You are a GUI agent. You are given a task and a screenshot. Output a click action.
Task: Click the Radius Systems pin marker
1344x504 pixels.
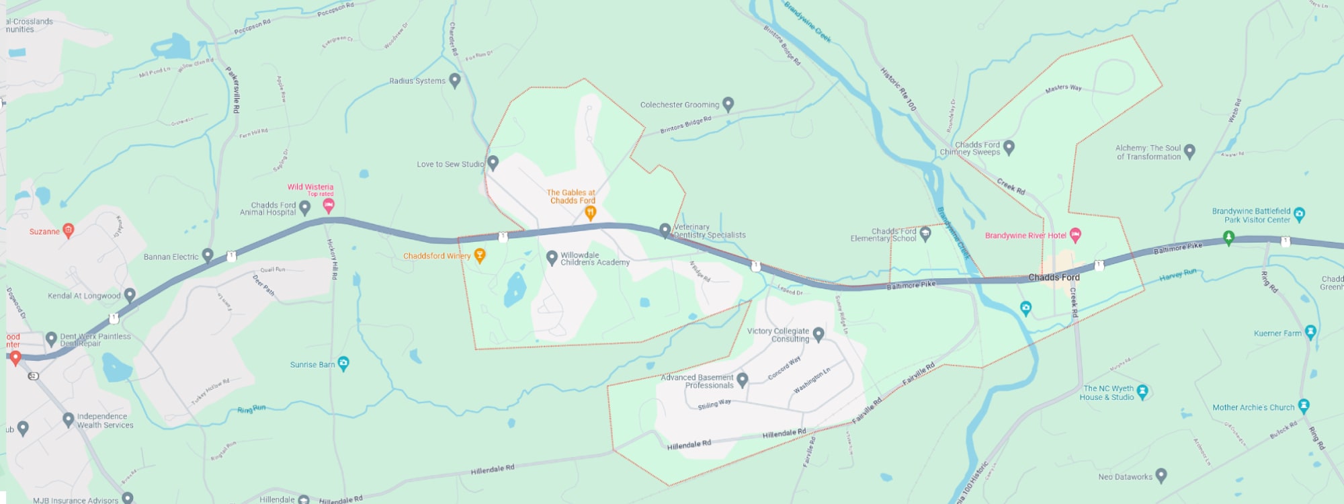[455, 80]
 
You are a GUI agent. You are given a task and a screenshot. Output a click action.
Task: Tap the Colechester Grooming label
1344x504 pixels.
[679, 105]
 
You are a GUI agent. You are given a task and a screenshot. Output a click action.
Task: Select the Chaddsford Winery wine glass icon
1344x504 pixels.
[480, 255]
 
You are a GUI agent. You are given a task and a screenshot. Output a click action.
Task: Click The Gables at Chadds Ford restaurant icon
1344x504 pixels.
[590, 212]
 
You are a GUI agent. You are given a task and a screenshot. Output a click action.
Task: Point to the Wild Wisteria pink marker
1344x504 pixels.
[329, 205]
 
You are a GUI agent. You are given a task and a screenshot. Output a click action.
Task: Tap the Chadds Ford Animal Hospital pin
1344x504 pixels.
[304, 207]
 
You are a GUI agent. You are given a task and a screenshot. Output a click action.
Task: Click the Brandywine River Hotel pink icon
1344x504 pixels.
[1075, 235]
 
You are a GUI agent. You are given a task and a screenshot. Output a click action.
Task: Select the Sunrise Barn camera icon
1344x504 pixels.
[343, 364]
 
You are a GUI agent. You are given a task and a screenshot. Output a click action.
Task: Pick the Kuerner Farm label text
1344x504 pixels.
[1277, 333]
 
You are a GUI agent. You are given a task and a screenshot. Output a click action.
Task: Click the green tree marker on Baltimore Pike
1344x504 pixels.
[1228, 237]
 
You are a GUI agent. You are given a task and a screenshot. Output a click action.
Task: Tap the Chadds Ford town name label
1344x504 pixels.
[1054, 277]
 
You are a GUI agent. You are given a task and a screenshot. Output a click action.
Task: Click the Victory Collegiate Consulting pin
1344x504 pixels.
[818, 333]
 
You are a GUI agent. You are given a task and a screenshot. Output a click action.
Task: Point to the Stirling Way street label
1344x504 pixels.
[714, 405]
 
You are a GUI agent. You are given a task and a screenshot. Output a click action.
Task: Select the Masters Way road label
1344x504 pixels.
[1063, 88]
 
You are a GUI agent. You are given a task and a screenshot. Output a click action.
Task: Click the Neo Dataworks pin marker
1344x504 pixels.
[1161, 476]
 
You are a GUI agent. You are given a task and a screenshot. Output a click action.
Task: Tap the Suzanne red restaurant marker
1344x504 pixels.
[68, 230]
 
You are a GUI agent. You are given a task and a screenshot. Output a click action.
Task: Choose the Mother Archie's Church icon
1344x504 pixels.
[1304, 405]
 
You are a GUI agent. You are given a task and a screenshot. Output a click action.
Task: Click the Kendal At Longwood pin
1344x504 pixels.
[130, 294]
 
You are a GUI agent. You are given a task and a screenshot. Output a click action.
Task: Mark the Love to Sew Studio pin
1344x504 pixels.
[493, 162]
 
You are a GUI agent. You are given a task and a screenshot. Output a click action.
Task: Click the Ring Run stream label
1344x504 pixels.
[251, 409]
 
